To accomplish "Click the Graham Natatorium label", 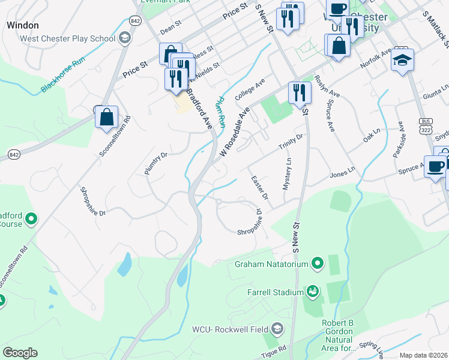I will tap(271, 264).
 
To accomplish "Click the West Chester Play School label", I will tap(67, 39).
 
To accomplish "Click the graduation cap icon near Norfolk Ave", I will tap(402, 61).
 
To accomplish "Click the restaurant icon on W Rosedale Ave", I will tap(299, 92).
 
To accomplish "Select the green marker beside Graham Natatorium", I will tap(318, 264).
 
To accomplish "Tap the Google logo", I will tap(20, 353).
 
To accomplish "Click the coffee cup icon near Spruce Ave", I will tap(435, 166).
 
